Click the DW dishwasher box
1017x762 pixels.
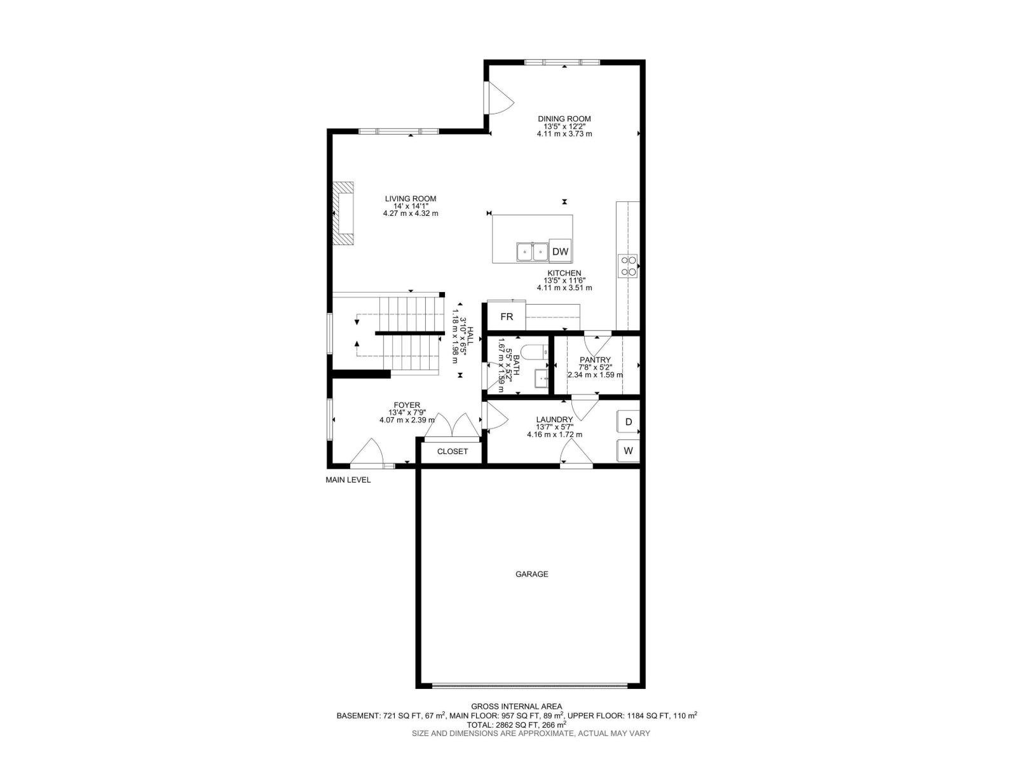560,251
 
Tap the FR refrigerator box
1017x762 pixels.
507,316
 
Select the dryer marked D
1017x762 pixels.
628,422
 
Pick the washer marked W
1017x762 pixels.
628,450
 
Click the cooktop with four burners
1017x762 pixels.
628,266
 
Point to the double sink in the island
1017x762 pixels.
532,252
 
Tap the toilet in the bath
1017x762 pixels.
534,352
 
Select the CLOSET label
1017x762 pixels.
452,451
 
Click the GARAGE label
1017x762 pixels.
531,573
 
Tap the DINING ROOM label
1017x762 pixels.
564,119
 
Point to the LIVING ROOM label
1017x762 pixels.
411,199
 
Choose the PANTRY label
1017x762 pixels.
595,359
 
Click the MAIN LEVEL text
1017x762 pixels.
348,480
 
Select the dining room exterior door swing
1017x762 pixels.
499,98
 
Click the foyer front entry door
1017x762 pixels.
367,451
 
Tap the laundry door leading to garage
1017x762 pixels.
577,451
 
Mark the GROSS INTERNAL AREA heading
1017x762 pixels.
516,706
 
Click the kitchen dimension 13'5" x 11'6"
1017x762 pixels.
564,281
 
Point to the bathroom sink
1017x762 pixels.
542,378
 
